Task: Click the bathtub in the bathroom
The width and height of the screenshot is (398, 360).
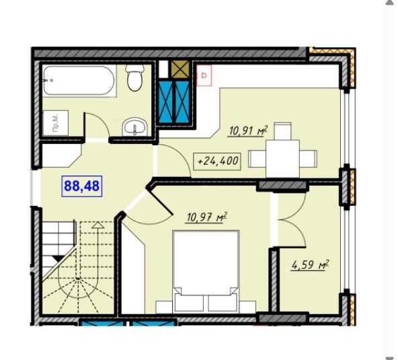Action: coord(79,81)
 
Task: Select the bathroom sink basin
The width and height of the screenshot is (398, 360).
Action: coord(134,127)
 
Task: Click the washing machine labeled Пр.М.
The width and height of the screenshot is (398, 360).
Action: coord(55,123)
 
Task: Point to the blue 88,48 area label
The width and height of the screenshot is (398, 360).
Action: coord(82,186)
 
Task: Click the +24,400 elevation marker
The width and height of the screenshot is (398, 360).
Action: coord(217,161)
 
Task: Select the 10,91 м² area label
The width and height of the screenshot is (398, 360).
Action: coord(248,131)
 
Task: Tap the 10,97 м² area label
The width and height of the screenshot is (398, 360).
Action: coord(206,217)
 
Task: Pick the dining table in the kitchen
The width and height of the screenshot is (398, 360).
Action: coord(282,159)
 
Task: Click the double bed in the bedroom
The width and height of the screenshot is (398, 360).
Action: coord(206,271)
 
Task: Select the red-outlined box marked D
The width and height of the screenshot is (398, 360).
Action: coord(204,75)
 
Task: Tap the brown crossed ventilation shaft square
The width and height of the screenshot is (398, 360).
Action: coord(180,69)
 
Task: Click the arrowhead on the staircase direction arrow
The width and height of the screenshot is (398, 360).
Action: coord(97,225)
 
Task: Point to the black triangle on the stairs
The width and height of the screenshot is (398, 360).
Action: coord(58,258)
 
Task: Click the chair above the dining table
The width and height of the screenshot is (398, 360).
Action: coord(282,131)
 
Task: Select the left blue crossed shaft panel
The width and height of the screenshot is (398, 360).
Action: coord(166,102)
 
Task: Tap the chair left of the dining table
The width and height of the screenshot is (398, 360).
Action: coord(257,159)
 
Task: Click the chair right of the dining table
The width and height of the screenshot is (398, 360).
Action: coord(308,159)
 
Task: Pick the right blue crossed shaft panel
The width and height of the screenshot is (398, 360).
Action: coord(182,102)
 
